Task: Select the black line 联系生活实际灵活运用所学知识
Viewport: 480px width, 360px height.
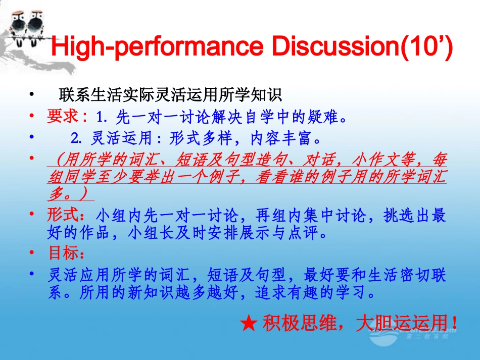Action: (x=170, y=94)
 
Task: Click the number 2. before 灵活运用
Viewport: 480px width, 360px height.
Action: (x=76, y=138)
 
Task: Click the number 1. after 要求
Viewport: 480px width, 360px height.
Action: (x=103, y=117)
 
